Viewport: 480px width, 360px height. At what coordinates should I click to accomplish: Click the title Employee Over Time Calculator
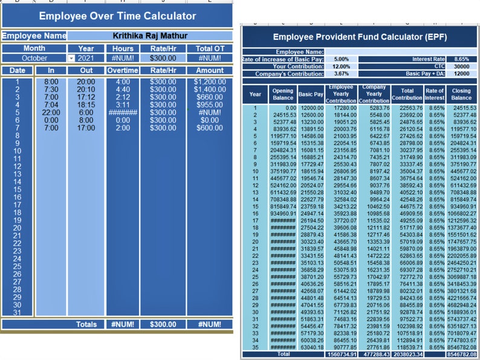(117, 16)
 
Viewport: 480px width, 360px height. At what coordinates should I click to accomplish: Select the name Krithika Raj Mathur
(150, 36)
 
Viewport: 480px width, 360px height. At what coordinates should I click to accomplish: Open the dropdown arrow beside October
(71, 58)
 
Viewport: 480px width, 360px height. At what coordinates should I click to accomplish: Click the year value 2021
(85, 58)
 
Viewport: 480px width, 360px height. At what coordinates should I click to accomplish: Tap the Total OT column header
(209, 48)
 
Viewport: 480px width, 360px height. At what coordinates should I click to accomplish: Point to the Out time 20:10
(85, 89)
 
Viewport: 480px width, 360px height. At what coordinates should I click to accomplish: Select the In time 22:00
(51, 112)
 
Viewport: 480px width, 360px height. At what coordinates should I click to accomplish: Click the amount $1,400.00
(209, 89)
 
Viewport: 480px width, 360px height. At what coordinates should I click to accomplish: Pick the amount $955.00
(209, 104)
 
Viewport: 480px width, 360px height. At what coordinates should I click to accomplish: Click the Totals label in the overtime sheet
(86, 324)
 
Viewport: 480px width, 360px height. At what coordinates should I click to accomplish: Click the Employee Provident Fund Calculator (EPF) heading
(360, 37)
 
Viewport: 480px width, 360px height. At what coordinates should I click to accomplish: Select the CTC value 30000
(461, 66)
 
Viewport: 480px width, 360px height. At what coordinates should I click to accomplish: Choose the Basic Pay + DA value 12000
(461, 74)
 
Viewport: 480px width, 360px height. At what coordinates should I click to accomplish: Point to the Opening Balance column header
(283, 94)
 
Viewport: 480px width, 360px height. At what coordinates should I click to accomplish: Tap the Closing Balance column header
(461, 94)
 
